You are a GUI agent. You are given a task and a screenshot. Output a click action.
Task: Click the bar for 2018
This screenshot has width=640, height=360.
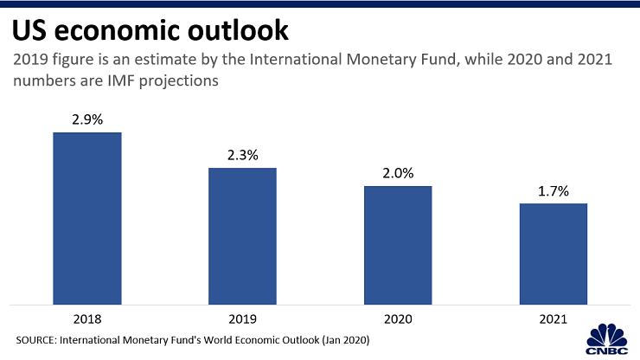(x=87, y=218)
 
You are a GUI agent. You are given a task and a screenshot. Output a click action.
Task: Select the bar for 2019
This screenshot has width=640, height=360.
(x=242, y=235)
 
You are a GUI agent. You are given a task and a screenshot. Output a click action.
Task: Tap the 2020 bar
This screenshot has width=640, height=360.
(x=398, y=245)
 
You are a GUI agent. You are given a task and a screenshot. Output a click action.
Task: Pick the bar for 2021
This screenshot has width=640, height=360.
(x=553, y=254)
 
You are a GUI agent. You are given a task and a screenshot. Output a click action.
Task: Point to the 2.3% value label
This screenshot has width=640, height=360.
(x=242, y=156)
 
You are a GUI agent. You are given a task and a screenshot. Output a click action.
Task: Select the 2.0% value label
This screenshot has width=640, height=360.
(x=398, y=174)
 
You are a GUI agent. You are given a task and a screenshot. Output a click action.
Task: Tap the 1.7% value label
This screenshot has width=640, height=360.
(x=553, y=191)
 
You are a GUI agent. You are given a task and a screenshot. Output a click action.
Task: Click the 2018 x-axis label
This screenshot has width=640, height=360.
(x=87, y=318)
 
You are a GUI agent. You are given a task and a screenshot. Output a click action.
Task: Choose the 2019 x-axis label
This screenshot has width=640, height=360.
(x=242, y=318)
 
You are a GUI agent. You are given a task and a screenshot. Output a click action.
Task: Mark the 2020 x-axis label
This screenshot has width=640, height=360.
(x=398, y=318)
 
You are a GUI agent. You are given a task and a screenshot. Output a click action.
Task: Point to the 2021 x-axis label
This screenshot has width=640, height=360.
(x=553, y=318)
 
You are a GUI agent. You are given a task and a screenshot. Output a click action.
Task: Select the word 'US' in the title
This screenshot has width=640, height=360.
(x=29, y=32)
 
